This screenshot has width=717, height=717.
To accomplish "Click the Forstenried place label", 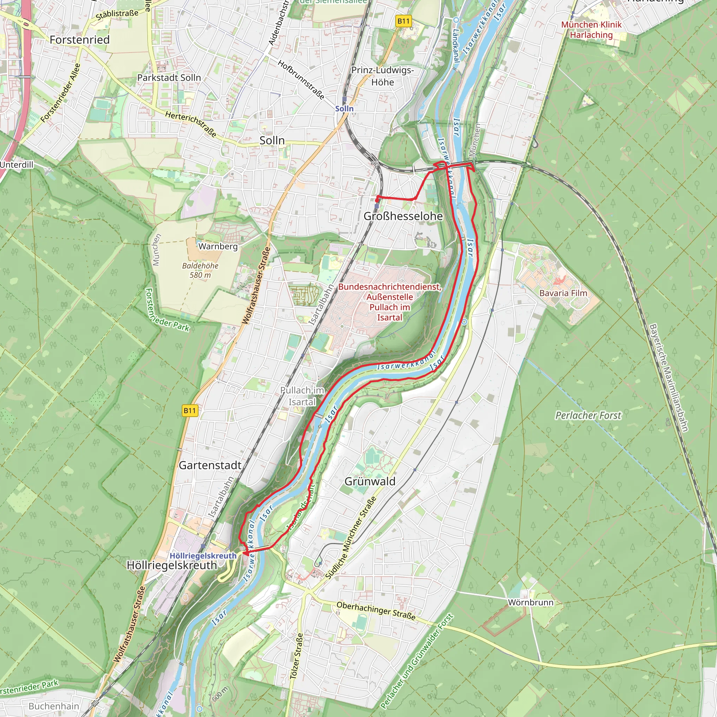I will pyautogui.click(x=79, y=40).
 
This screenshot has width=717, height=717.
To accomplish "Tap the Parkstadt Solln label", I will pyautogui.click(x=169, y=78).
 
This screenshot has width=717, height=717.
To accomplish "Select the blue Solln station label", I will pyautogui.click(x=344, y=109).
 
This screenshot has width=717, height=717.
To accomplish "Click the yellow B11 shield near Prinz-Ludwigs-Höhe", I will pyautogui.click(x=403, y=21).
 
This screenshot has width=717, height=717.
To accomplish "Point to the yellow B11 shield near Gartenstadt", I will pyautogui.click(x=190, y=410).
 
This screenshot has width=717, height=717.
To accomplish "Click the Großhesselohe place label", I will pyautogui.click(x=403, y=216).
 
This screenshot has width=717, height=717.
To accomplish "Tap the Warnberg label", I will pyautogui.click(x=218, y=246).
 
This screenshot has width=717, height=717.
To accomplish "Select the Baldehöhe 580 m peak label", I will pyautogui.click(x=200, y=270).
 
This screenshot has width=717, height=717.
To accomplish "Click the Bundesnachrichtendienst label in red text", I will pyautogui.click(x=389, y=302).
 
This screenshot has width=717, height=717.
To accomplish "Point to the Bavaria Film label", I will pyautogui.click(x=563, y=293).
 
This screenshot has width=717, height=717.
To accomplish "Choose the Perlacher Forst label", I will pyautogui.click(x=588, y=415).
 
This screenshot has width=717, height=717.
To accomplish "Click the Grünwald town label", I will pyautogui.click(x=370, y=481).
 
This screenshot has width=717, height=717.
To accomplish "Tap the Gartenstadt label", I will pyautogui.click(x=210, y=465).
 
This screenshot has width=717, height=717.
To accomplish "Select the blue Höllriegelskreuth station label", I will pyautogui.click(x=203, y=556).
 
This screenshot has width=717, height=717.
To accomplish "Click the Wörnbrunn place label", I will pyautogui.click(x=530, y=602).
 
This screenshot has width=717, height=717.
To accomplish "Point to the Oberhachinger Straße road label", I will pyautogui.click(x=376, y=611).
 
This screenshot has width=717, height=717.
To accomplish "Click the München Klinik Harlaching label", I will pyautogui.click(x=591, y=30).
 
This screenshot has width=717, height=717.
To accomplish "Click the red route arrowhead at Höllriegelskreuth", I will pyautogui.click(x=245, y=553).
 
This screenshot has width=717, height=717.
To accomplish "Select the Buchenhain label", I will pyautogui.click(x=54, y=706).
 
